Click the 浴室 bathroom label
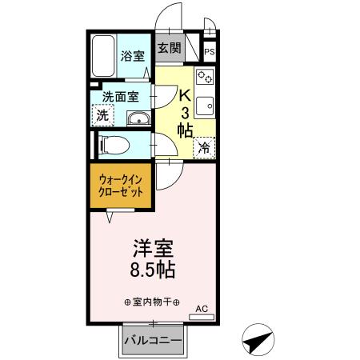(x=133, y=57)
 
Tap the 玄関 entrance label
(x=169, y=47)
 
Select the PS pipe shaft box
(x=210, y=53)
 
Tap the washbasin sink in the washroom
(x=138, y=120)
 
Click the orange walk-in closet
(x=122, y=187)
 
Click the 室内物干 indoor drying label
(x=151, y=302)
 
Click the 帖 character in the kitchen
(x=185, y=129)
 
